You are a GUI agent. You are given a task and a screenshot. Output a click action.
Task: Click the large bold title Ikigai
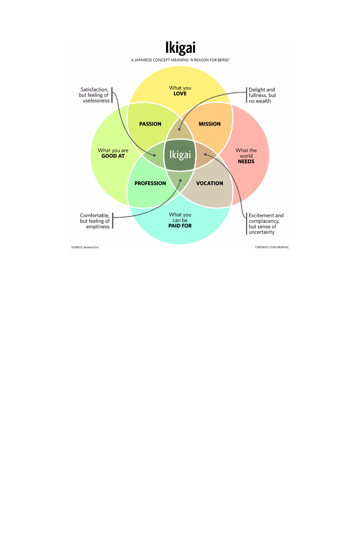tap(180, 48)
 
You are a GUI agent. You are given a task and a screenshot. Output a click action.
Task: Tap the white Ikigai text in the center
tap(180, 155)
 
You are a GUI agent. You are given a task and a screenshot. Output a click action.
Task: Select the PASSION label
tap(150, 124)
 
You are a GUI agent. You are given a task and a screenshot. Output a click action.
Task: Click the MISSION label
tap(210, 124)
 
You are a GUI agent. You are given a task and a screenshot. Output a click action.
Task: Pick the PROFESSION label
tap(150, 183)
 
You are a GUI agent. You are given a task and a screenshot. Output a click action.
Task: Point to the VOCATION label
tap(210, 183)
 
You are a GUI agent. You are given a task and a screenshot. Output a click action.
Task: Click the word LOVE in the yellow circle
tap(180, 94)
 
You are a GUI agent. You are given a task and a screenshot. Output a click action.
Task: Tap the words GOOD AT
tap(113, 156)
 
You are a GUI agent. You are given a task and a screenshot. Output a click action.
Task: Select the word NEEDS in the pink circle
tap(246, 162)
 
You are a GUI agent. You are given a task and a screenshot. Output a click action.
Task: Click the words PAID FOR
tap(180, 226)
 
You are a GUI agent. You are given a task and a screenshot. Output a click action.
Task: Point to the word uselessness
tap(96, 101)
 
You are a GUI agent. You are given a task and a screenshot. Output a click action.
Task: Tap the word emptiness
tap(98, 227)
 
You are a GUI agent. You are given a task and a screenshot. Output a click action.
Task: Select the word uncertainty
tap(262, 232)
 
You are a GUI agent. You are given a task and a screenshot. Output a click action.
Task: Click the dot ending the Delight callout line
tap(179, 129)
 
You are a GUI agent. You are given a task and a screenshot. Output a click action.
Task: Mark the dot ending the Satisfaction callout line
tap(154, 156)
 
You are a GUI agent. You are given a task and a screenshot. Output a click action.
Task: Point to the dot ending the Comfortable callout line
tap(180, 180)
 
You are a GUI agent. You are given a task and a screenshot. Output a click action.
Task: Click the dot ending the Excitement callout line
tap(205, 154)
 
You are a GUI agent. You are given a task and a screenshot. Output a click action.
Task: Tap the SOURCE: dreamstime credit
tap(85, 247)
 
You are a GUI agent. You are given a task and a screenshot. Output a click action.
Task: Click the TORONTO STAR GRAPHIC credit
tap(272, 247)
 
